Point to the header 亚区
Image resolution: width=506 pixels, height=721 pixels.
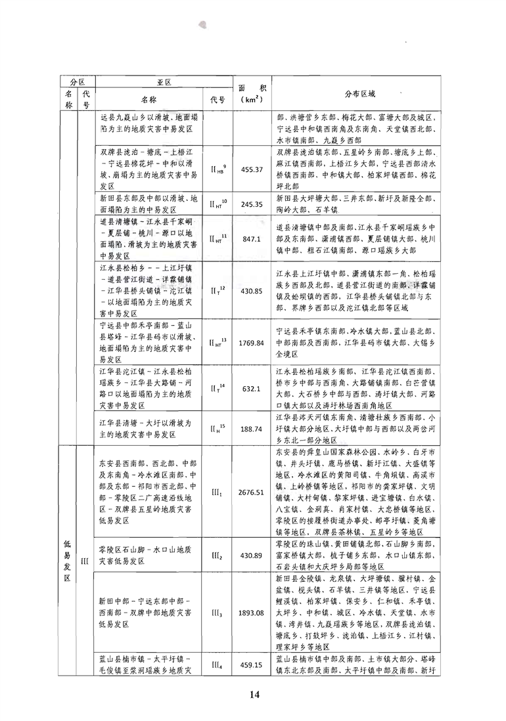pos(164,82)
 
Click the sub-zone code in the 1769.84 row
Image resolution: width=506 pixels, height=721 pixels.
pos(218,342)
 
